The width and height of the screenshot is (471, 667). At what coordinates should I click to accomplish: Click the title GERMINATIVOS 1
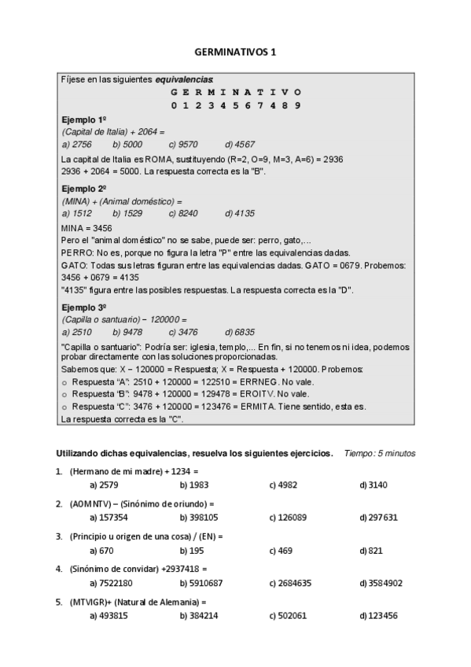click(235, 53)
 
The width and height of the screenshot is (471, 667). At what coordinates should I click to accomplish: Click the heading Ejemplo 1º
click(83, 118)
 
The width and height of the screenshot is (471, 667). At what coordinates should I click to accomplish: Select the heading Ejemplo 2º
click(83, 189)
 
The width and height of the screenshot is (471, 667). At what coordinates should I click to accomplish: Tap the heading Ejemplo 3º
click(83, 307)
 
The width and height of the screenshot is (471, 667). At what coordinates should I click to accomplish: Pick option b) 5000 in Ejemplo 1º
click(127, 144)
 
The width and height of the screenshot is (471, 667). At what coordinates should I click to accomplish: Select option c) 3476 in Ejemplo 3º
click(183, 332)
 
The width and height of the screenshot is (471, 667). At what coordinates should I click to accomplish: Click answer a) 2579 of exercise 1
click(104, 485)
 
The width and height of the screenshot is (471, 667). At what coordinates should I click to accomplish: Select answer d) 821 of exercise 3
click(371, 551)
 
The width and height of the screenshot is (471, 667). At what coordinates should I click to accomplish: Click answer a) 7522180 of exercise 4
click(111, 584)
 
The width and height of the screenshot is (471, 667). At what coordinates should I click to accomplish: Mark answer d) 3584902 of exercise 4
click(381, 584)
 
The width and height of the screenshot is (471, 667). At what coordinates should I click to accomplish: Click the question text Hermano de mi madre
click(116, 470)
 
